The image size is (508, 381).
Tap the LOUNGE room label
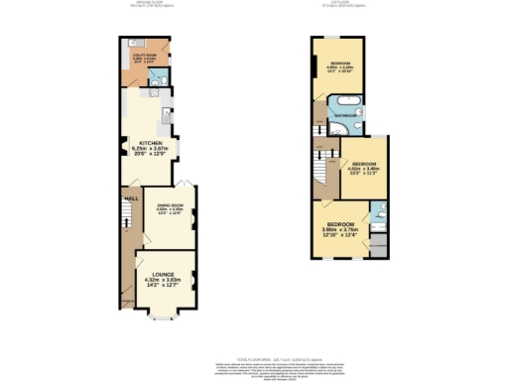[163, 274]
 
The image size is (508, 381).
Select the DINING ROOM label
[168, 204]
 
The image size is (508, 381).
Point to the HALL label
[129, 197]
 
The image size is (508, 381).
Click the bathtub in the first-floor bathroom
[350, 102]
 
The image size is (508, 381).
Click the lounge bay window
[163, 318]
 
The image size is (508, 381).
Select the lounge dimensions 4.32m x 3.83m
[163, 281]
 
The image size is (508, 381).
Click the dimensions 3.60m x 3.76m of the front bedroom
[340, 230]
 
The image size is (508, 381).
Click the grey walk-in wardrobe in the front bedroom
[378, 244]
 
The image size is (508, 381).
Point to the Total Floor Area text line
[253, 354]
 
